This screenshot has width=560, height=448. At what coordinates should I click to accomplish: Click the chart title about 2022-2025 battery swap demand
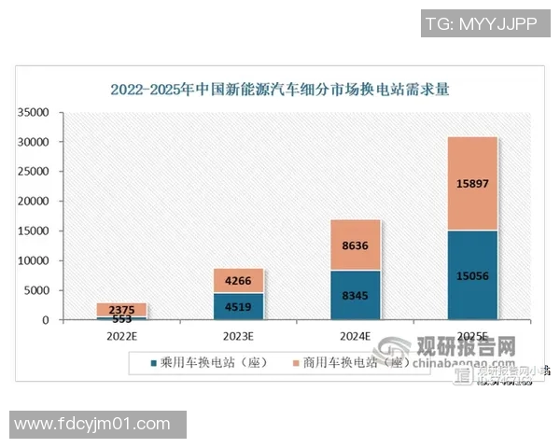point(279,91)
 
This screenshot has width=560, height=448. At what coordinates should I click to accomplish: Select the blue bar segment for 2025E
point(471,275)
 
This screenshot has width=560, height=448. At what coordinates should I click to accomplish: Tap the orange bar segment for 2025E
point(471,183)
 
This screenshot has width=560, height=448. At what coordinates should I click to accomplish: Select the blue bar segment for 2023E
point(239,306)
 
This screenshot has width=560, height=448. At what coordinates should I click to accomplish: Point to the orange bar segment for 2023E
point(239,280)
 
